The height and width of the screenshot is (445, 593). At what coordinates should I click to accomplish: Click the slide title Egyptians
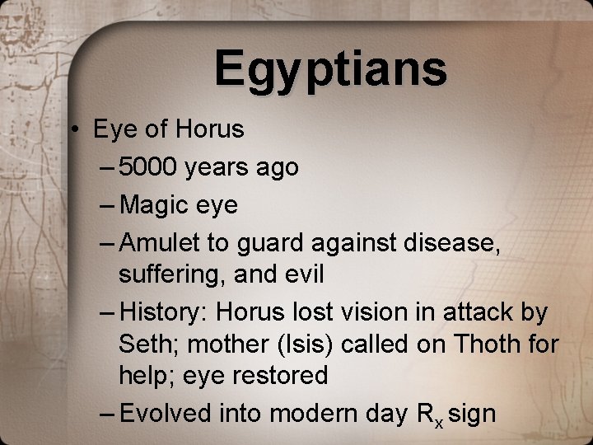[x=330, y=69]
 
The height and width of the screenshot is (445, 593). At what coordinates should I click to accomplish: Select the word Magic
[x=153, y=205]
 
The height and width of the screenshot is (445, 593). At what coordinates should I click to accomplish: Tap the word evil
[x=303, y=274]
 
